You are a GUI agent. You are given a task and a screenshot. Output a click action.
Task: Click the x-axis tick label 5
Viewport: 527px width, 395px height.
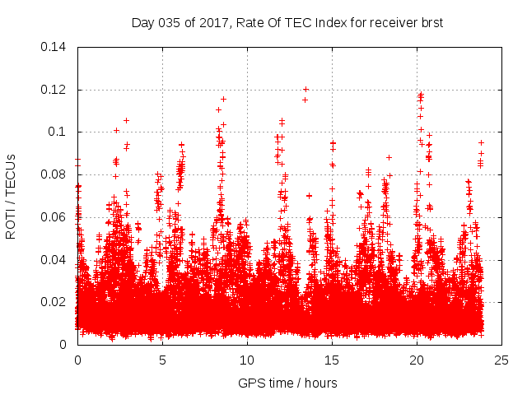[162, 360]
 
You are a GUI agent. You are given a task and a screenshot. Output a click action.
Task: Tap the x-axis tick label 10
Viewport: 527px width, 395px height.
[247, 360]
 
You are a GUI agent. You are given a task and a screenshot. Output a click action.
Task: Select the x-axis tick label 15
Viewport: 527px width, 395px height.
[332, 360]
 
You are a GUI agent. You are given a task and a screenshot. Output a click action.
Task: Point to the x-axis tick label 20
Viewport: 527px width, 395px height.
[417, 360]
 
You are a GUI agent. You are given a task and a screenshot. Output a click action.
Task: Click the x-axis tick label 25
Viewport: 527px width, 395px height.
[501, 360]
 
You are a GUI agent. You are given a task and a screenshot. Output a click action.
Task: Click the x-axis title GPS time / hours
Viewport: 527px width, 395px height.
[287, 383]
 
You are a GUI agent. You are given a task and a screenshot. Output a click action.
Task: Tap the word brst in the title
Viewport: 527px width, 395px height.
[431, 23]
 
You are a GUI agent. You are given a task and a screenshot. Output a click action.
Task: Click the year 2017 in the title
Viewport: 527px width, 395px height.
[213, 23]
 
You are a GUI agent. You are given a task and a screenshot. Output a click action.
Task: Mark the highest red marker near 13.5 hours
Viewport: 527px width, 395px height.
[305, 89]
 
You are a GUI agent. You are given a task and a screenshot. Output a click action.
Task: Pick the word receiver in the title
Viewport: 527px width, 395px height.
[388, 23]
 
